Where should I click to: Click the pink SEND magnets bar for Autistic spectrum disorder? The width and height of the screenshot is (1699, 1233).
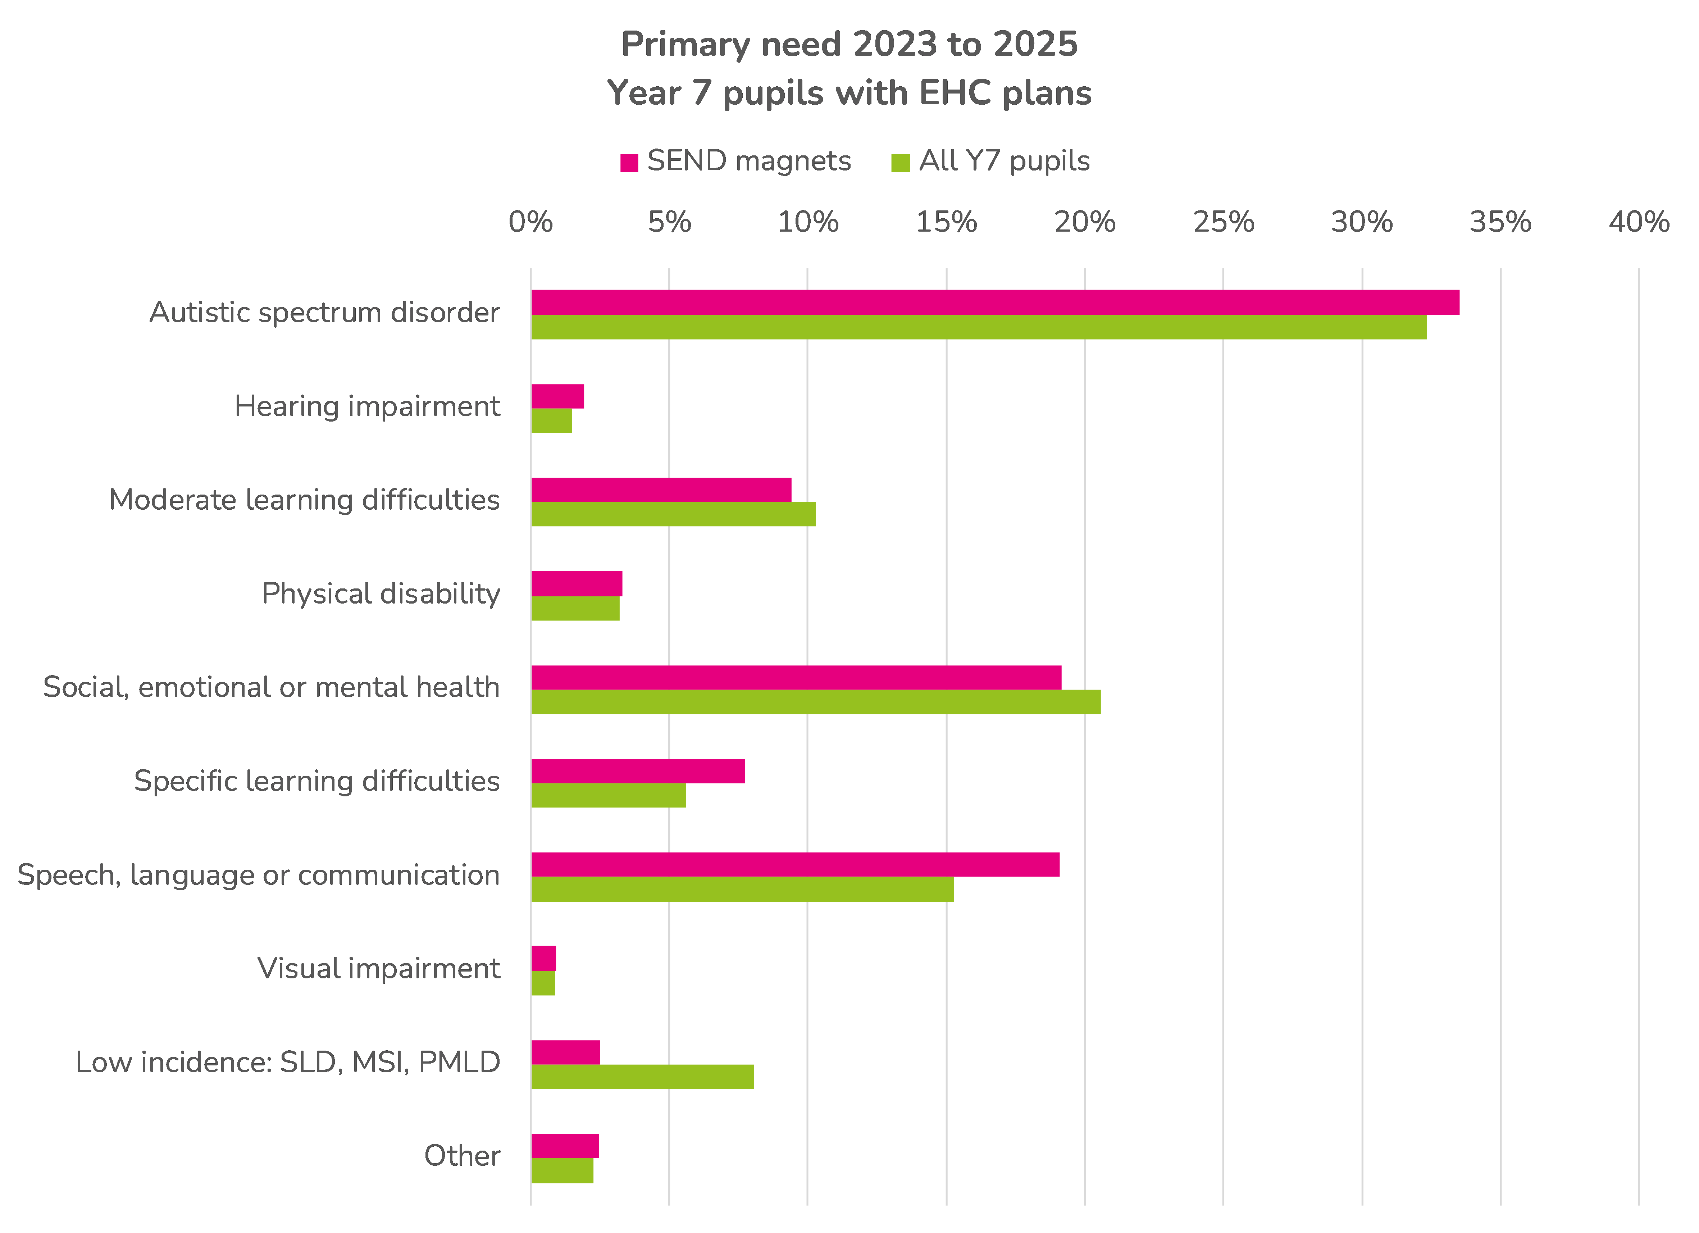pyautogui.click(x=995, y=302)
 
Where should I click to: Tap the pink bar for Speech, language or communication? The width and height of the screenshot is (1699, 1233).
pyautogui.click(x=795, y=864)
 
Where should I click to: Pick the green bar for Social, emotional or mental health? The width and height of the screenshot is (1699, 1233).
pyautogui.click(x=816, y=702)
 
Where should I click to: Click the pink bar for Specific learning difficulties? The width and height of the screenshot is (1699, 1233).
pyautogui.click(x=638, y=771)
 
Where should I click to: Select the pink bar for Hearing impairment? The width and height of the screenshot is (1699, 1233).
pyautogui.click(x=557, y=396)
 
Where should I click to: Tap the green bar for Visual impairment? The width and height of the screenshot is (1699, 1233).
pyautogui.click(x=543, y=983)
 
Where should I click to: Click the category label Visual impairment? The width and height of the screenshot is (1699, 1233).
pyautogui.click(x=378, y=969)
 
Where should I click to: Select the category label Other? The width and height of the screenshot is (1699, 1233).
pyautogui.click(x=462, y=1156)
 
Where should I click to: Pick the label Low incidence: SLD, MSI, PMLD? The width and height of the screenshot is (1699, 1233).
pyautogui.click(x=288, y=1062)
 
